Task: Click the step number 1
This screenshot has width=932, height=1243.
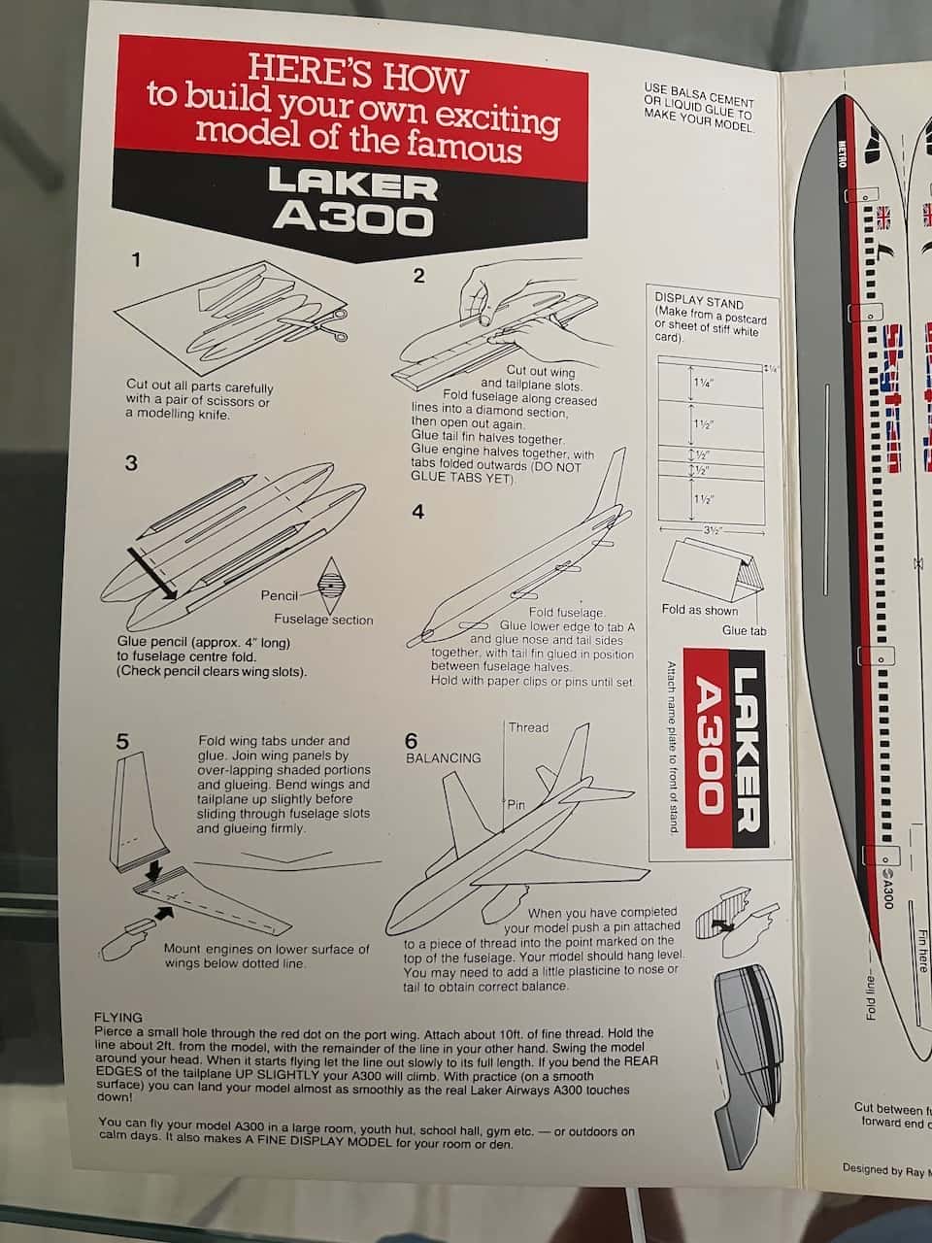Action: (x=137, y=259)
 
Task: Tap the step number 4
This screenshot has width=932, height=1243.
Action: (x=418, y=511)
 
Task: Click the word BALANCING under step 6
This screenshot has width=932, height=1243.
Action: (x=444, y=757)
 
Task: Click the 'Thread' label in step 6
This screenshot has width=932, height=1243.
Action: (x=528, y=727)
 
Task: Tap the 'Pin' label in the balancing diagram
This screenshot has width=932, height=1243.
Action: (x=515, y=805)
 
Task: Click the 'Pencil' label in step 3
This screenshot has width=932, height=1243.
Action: (x=280, y=595)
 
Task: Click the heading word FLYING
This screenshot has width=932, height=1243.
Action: (x=118, y=1019)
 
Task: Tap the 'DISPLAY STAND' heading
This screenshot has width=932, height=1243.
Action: (x=699, y=303)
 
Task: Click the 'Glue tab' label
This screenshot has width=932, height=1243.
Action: (x=743, y=630)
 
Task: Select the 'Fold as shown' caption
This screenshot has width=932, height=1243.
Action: (x=699, y=610)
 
